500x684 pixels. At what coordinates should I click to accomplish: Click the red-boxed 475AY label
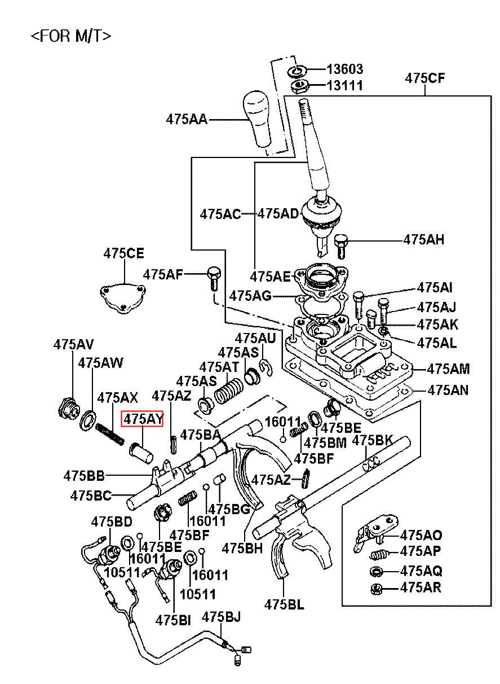click(143, 419)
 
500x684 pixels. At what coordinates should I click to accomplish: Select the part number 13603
click(345, 69)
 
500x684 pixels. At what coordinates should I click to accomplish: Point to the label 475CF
click(424, 78)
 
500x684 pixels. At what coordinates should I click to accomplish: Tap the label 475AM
click(448, 369)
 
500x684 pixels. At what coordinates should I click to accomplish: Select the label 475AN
click(448, 390)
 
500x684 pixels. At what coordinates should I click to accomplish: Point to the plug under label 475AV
click(68, 407)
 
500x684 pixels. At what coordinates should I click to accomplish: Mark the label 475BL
click(284, 604)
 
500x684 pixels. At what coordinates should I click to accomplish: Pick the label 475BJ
click(222, 617)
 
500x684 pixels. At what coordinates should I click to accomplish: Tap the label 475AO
click(421, 536)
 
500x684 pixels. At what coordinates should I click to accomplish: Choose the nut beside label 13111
click(298, 86)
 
